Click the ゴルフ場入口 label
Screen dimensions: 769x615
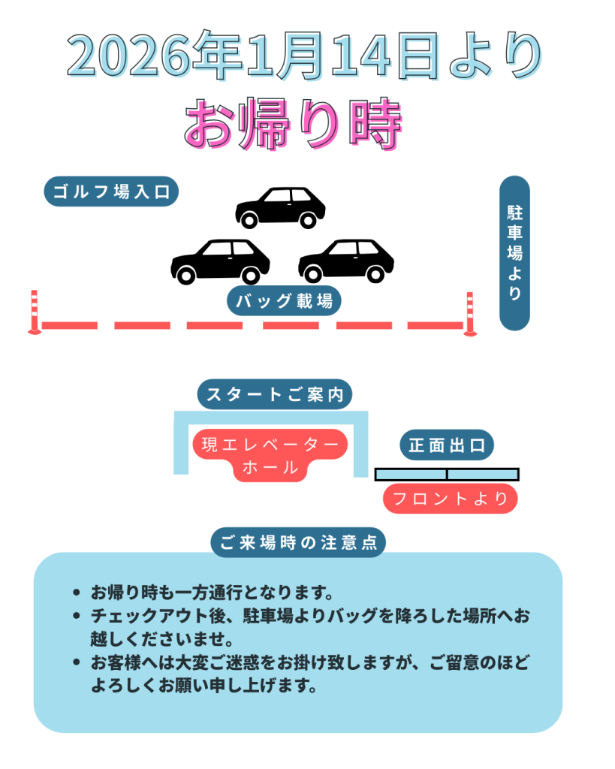pos(111,191)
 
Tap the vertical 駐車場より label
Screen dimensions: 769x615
pos(514,252)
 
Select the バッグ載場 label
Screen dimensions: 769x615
pos(284,302)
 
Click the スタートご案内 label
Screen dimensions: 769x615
pos(275,394)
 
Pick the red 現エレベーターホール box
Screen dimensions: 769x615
pos(270,455)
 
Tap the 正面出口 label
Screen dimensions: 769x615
pos(447,445)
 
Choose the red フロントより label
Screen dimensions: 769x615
pos(450,499)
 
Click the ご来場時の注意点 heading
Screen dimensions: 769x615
pos(298,542)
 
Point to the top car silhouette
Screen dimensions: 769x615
pos(280,207)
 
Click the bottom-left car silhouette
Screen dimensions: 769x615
pos(220,261)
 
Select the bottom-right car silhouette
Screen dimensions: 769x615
pos(345,261)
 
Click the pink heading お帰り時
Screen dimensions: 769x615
pos(294,122)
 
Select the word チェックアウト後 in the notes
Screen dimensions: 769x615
pos(150,617)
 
